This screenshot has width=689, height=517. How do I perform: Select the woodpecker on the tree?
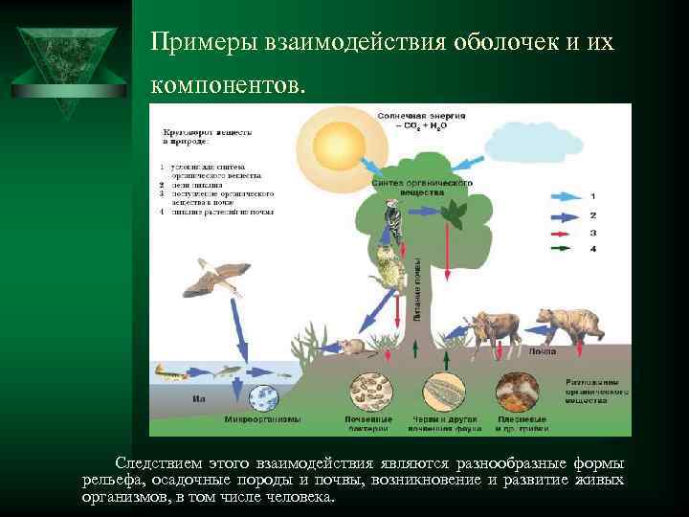click(x=393, y=221)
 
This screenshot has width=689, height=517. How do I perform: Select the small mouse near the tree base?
click(x=344, y=346)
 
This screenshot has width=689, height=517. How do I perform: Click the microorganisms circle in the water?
click(x=262, y=396)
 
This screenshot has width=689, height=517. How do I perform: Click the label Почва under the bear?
click(x=543, y=351)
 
